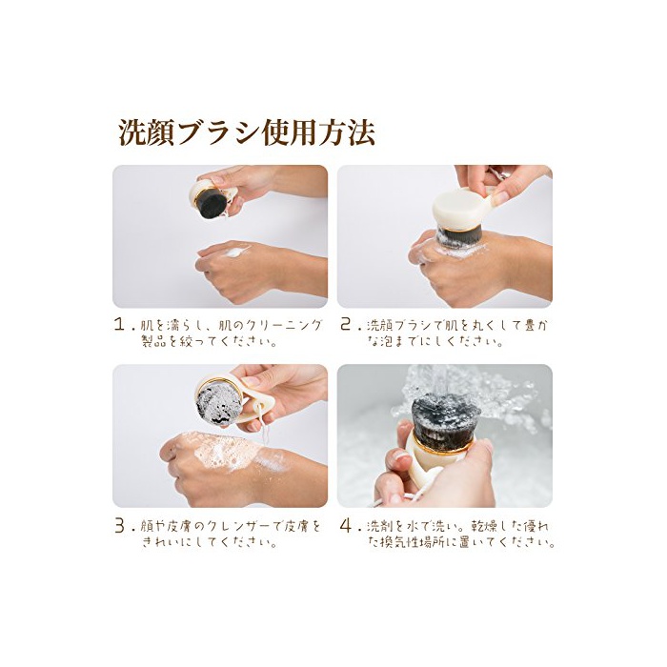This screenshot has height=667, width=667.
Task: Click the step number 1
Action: pyautogui.click(x=120, y=325)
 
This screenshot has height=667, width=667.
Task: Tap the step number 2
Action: pyautogui.click(x=346, y=325)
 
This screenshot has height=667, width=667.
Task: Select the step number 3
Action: pyautogui.click(x=120, y=526)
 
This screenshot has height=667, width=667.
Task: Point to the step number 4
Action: pyautogui.click(x=346, y=526)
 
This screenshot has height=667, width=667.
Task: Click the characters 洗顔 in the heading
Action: pyautogui.click(x=147, y=133)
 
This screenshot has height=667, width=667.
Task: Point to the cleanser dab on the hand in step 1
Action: pyautogui.click(x=234, y=253)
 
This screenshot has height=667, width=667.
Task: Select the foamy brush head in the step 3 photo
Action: pyautogui.click(x=218, y=403)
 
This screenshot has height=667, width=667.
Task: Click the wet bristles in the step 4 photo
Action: pyautogui.click(x=445, y=414)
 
